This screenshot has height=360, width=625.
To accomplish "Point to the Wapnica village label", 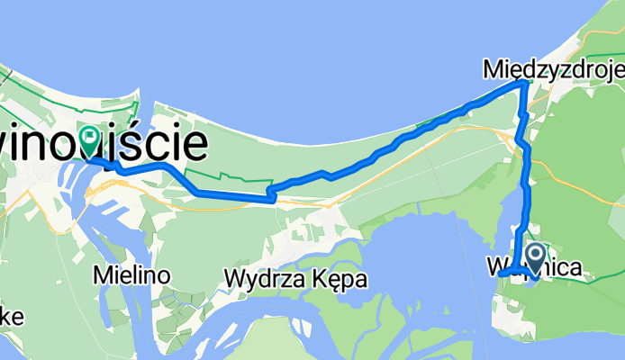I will (544, 267).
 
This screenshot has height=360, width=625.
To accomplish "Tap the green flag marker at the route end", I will (91, 140).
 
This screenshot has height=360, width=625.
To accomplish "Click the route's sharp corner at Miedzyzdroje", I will (525, 82).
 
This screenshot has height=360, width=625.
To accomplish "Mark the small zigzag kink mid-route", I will (269, 193).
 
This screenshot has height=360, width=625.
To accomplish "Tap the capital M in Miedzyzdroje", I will (493, 68).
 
